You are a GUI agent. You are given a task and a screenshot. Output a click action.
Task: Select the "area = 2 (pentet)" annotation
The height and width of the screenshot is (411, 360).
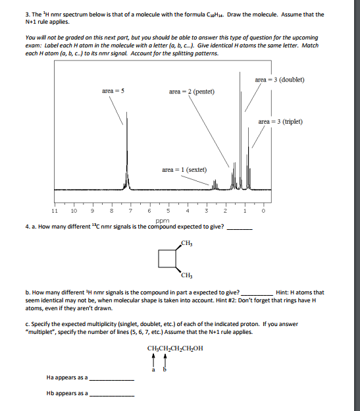click(192, 90)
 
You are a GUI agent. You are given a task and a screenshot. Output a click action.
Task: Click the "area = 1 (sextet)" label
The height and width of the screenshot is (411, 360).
click(184, 171)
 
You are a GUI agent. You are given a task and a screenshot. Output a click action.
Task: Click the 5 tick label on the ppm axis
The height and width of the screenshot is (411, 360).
click(168, 211)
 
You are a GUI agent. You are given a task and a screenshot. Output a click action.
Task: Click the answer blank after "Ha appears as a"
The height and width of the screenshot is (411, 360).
click(111, 380)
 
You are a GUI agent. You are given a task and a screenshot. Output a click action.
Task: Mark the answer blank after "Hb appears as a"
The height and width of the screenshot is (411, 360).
click(111, 395)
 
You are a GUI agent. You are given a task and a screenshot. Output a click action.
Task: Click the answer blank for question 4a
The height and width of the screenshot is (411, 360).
click(240, 229)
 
